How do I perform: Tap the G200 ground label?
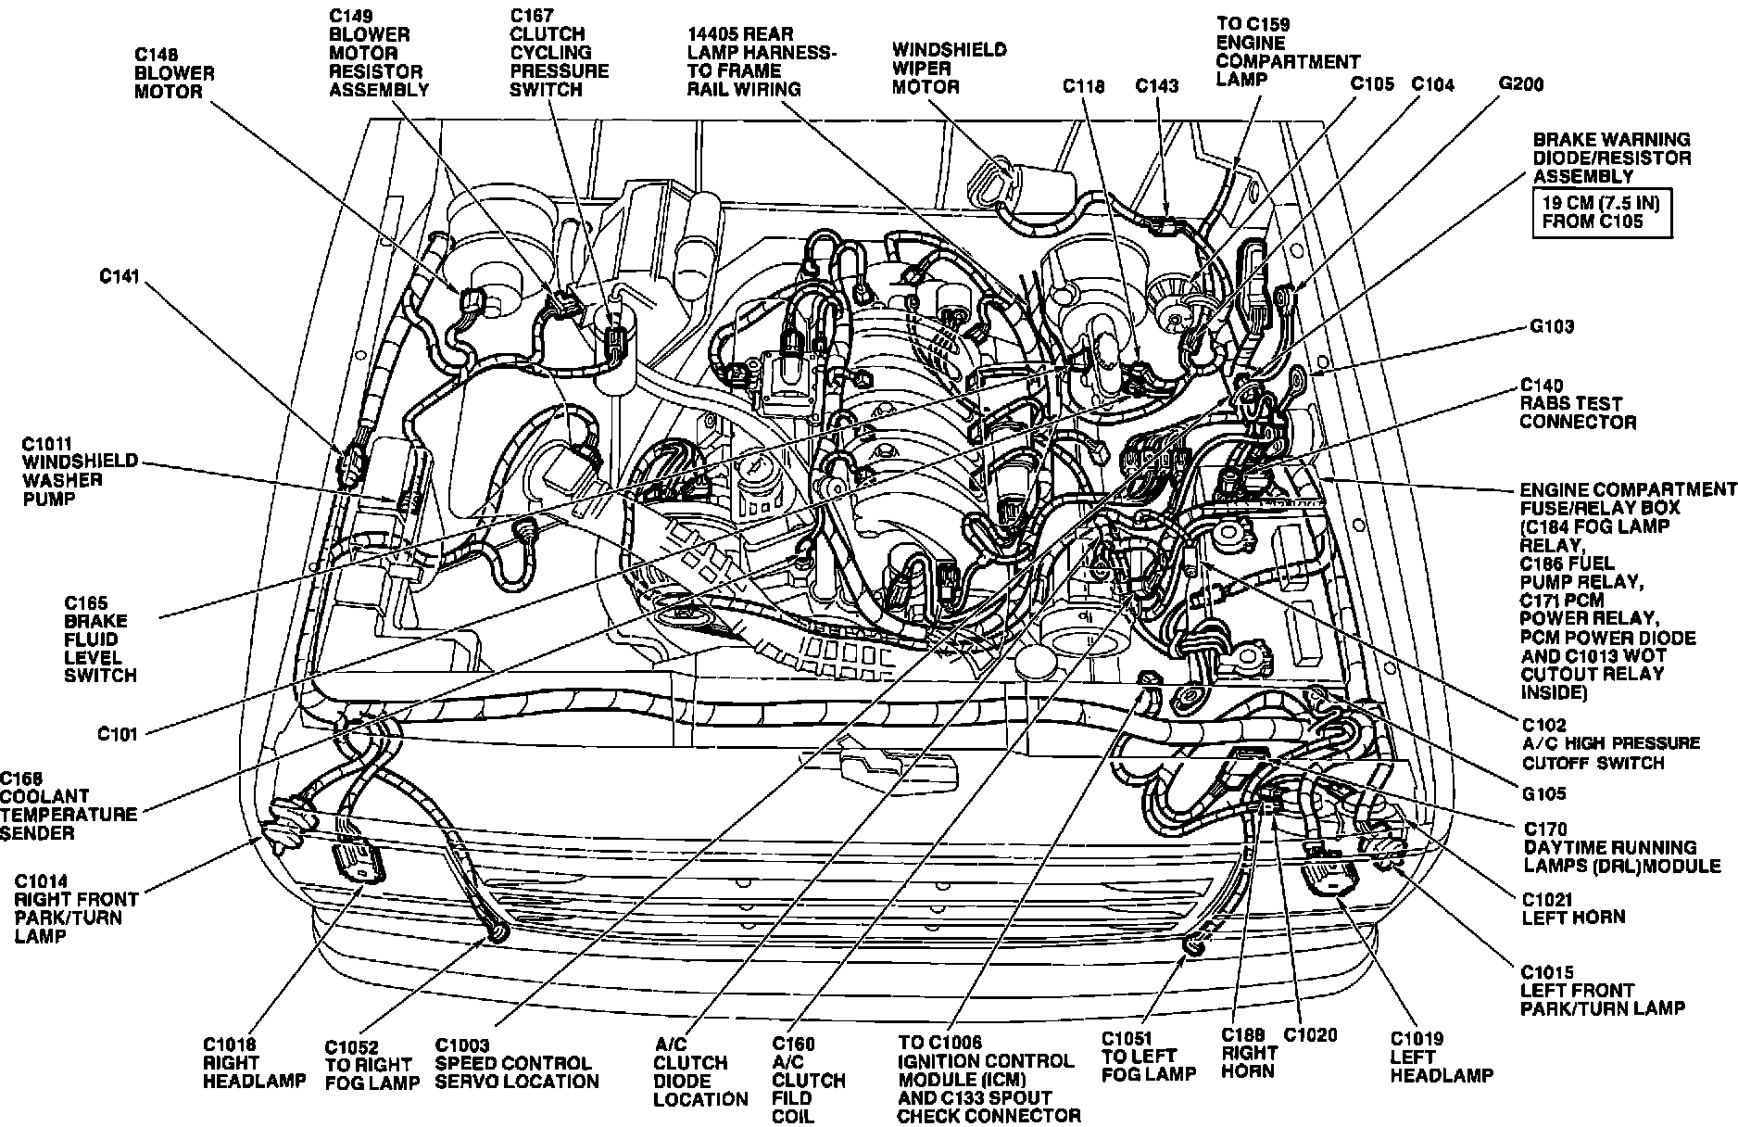point(1521,84)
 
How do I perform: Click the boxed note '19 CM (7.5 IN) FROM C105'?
point(1601,212)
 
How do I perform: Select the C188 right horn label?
point(1249,1052)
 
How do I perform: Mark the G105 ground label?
point(1543,793)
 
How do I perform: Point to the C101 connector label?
point(118,734)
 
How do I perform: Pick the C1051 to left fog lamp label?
point(1149,1056)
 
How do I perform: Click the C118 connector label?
point(1083,86)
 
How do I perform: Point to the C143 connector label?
point(1157,86)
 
